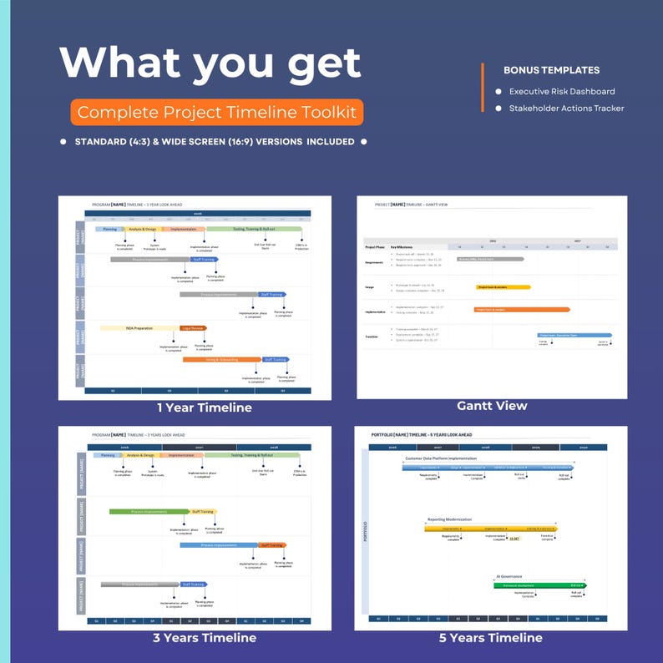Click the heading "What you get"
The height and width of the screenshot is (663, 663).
(x=210, y=64)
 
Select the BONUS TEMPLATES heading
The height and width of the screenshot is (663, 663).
(x=551, y=70)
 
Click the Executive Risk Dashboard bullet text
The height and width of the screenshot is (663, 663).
(x=562, y=91)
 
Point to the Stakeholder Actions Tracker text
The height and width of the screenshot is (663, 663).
(x=567, y=108)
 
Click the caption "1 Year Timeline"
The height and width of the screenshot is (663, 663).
(x=204, y=408)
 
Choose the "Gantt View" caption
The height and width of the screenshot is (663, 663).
(x=492, y=406)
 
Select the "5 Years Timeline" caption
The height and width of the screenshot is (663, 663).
(x=490, y=638)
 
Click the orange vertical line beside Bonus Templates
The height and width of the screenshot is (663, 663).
(x=483, y=87)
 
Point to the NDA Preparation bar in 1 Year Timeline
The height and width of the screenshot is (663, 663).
(x=139, y=328)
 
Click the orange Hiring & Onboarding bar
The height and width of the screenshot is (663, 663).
(x=222, y=360)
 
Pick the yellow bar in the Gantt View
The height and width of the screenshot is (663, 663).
(x=503, y=286)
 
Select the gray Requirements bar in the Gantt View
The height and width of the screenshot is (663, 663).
(x=489, y=259)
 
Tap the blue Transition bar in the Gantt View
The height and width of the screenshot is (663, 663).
(x=574, y=335)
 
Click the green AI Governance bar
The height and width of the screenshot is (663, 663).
(x=539, y=585)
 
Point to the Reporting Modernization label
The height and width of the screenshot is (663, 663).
(x=451, y=519)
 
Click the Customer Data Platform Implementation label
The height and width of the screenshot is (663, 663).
(x=441, y=458)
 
